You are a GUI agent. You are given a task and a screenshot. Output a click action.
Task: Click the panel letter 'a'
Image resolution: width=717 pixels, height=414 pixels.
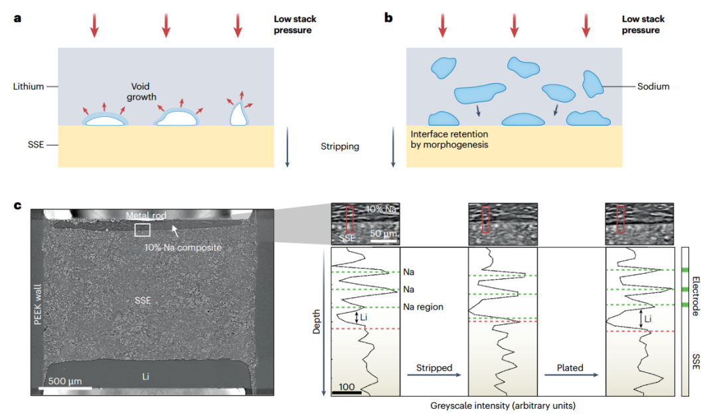pos(17,18)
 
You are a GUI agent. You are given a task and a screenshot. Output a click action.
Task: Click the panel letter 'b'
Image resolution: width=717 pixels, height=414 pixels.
pos(389,18)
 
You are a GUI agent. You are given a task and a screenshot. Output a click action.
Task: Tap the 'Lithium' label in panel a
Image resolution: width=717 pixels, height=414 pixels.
pos(28,86)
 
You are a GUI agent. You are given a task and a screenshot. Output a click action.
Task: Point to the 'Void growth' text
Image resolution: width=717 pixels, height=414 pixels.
pos(143,92)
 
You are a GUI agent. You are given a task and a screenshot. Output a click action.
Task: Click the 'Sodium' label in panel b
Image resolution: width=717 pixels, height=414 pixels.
pos(653,86)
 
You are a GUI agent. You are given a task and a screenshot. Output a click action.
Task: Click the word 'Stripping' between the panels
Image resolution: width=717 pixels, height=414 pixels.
pos(339,146)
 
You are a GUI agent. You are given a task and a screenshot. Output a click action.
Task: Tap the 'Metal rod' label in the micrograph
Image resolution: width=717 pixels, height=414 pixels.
pos(147,215)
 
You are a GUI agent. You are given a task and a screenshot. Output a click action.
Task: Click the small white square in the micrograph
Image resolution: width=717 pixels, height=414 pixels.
pos(143,230)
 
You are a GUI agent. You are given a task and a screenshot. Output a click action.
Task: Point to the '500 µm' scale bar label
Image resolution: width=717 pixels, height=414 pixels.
pos(64,381)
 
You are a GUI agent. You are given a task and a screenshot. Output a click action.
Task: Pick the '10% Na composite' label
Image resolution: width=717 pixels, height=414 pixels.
pos(183,247)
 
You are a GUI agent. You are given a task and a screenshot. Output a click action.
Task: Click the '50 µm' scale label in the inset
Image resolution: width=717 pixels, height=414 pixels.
pos(384,234)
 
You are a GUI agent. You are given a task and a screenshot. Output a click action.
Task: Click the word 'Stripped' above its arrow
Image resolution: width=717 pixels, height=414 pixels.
pos(434,367)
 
